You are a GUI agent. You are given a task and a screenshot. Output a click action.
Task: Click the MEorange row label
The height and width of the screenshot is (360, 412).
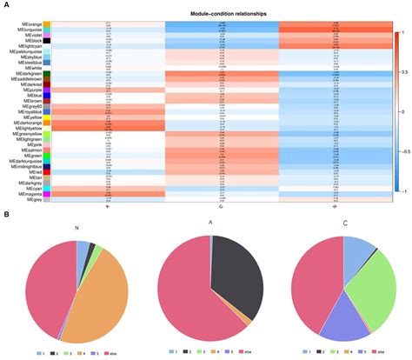tap(30, 24)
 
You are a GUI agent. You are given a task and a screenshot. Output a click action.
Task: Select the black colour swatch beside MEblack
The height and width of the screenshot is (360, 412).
tap(47, 40)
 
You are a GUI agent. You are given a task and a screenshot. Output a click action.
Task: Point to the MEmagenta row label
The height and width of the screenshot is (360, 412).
tap(28, 194)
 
